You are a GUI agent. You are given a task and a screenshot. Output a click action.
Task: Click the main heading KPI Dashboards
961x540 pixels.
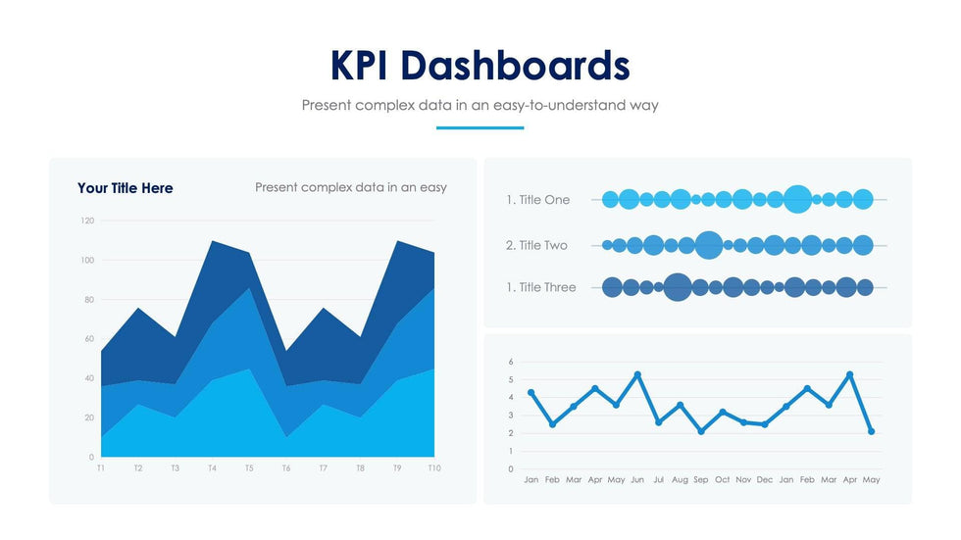coord(480,65)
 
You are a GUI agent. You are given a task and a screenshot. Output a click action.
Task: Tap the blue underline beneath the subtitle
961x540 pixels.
coord(480,127)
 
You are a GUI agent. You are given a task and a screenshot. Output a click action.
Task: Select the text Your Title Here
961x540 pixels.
coord(125,188)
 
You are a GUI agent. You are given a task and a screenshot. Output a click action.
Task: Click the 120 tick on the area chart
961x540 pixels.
coord(87,221)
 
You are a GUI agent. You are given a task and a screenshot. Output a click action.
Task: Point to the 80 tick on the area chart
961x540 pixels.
coord(89,300)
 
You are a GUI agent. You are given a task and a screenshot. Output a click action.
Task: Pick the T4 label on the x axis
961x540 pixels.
coord(212,468)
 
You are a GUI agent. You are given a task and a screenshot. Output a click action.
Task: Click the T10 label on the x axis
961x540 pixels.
coord(433,468)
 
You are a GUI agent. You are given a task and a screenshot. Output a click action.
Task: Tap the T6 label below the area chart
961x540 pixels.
coord(286,468)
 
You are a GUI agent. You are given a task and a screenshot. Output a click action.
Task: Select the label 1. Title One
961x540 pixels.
coord(537,200)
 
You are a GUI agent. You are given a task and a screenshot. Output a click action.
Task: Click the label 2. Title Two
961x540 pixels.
coord(536,245)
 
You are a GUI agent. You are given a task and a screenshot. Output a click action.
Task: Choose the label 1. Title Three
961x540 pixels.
coord(541,287)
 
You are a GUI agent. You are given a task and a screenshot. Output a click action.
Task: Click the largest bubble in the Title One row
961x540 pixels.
coord(798,199)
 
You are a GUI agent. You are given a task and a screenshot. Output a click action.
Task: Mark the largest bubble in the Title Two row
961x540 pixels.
coord(708,245)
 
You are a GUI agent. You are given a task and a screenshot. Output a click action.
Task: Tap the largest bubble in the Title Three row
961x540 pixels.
coord(677,287)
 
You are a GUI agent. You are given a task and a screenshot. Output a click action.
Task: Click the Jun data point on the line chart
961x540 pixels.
coord(637,374)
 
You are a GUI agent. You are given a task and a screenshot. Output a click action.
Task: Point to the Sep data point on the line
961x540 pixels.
coord(701,431)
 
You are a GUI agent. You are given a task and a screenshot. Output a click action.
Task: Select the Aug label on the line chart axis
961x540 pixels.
coord(680,480)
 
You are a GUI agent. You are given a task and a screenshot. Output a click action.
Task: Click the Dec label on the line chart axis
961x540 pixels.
coord(765,480)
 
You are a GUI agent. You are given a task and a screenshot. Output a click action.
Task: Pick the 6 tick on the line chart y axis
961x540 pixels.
coord(511,362)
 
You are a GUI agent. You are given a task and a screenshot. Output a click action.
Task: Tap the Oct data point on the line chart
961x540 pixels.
coord(723,412)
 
